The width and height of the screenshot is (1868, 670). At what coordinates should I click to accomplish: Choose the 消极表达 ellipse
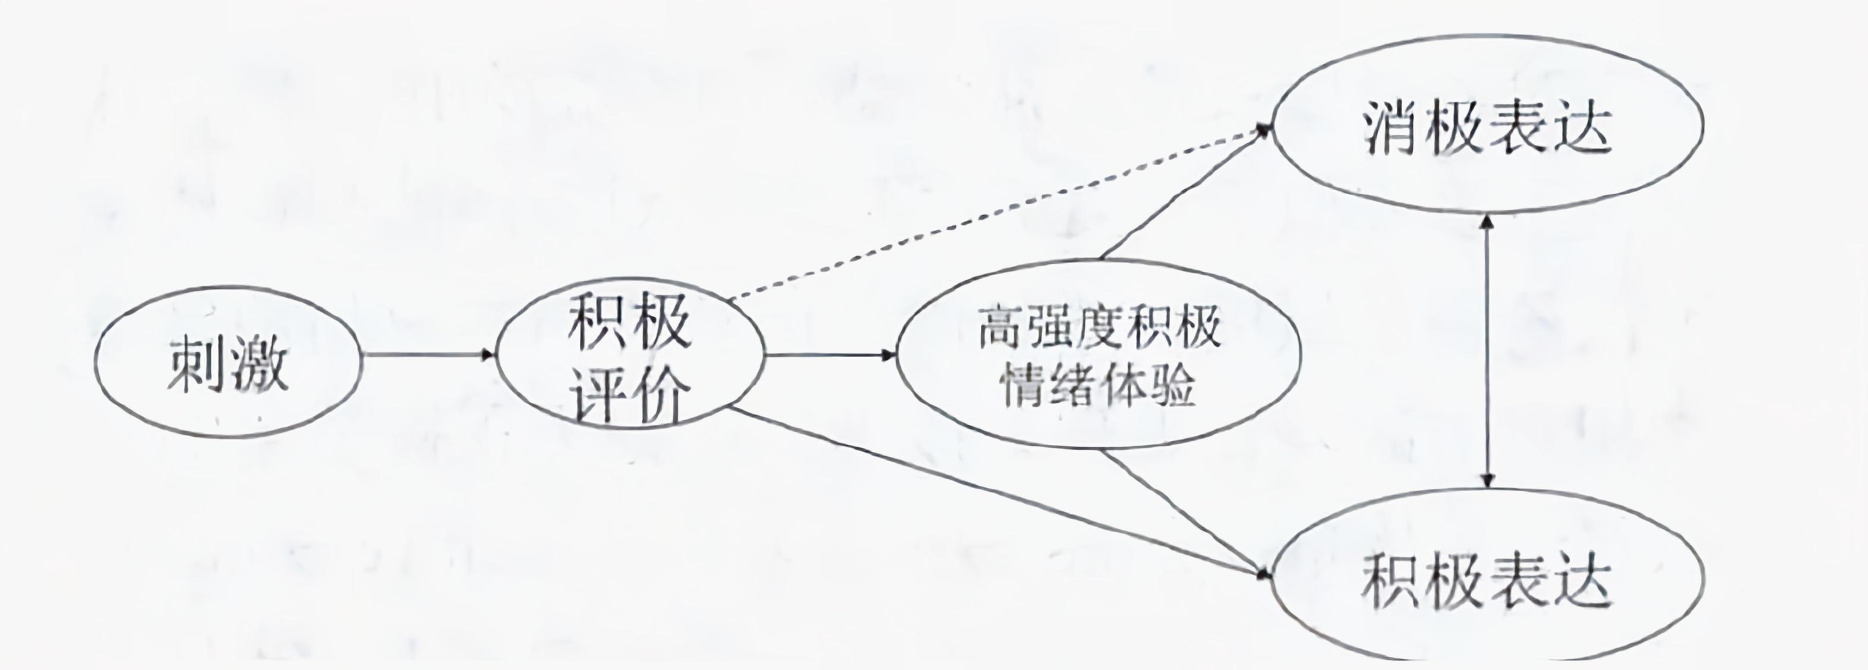tap(1488, 125)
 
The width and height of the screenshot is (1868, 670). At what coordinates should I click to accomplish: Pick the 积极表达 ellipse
tap(1488, 577)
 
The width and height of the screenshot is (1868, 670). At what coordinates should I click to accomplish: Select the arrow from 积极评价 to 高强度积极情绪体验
tap(830, 355)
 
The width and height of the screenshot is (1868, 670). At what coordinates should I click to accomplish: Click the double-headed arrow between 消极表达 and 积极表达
tap(1487, 352)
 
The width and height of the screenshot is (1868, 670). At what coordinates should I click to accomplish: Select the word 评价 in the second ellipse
tap(629, 397)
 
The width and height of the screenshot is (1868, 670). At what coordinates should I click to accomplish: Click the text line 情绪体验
tap(1098, 385)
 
